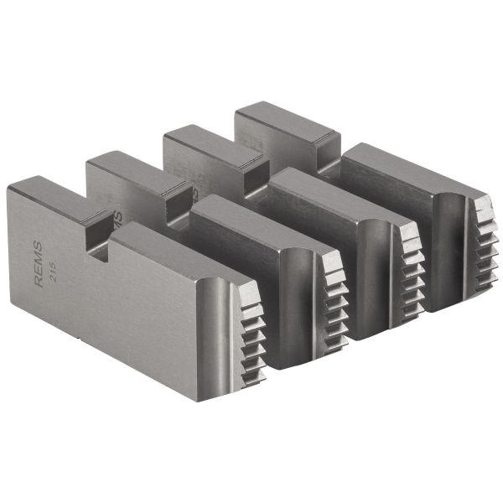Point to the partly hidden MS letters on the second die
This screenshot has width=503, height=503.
[x=117, y=220]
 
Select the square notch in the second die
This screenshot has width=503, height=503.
[x=178, y=201]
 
